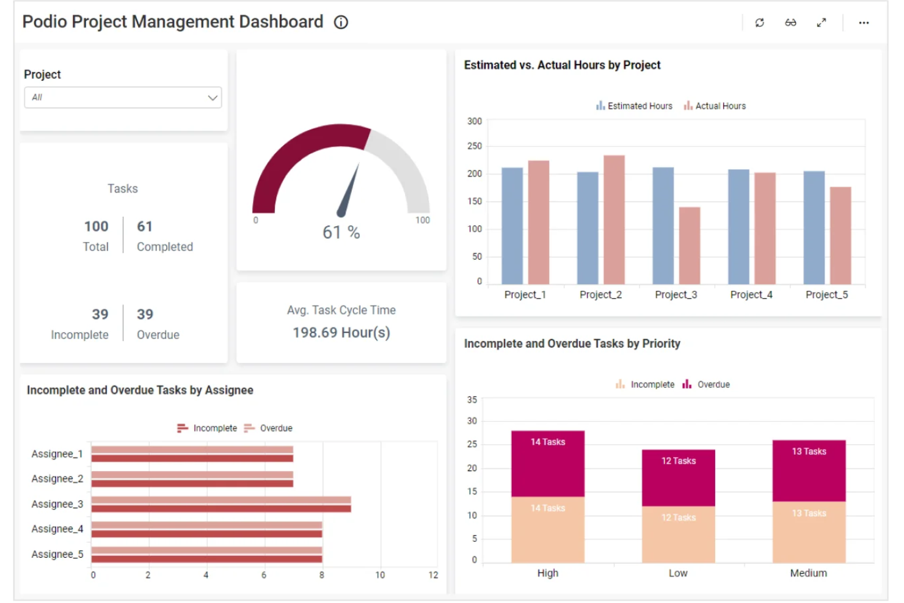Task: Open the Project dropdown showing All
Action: click(x=123, y=98)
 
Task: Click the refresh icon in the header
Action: click(x=759, y=23)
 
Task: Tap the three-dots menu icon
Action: click(x=863, y=23)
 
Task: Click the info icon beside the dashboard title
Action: click(x=341, y=23)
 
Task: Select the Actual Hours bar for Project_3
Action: click(x=690, y=246)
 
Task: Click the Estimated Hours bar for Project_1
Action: click(x=512, y=226)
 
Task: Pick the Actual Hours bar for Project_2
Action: click(x=614, y=220)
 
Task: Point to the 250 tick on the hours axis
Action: click(x=475, y=146)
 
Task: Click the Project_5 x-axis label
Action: click(x=826, y=294)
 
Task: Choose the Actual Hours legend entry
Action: click(x=715, y=106)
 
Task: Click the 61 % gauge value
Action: click(x=341, y=232)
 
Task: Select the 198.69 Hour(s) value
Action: click(x=341, y=332)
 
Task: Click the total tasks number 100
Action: click(x=96, y=227)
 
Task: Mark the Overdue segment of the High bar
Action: click(x=547, y=464)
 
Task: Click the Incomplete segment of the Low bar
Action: click(x=678, y=535)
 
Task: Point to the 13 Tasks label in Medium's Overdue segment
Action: click(x=809, y=451)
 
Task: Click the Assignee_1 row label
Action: click(x=57, y=454)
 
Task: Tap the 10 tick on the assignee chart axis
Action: click(x=380, y=575)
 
